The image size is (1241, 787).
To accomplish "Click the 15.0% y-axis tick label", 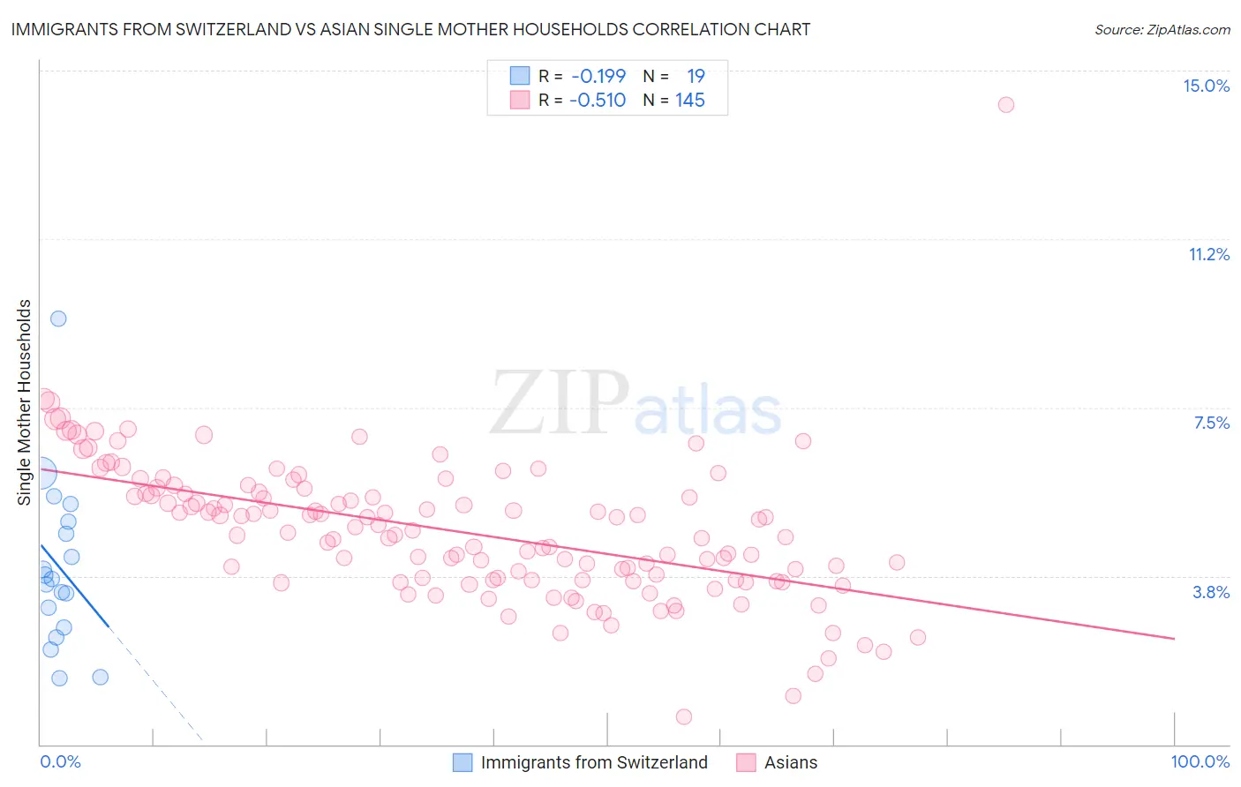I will click(x=1206, y=86).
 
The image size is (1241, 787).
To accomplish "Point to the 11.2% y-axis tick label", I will click(x=1208, y=254).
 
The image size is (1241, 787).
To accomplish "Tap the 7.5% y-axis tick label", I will click(x=1211, y=423).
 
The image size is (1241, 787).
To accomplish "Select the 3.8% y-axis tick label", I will click(x=1211, y=592).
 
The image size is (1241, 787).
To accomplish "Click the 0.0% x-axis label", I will click(x=60, y=761).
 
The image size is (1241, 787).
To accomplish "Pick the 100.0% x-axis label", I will click(x=1200, y=761).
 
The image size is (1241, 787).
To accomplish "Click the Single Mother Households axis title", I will click(x=25, y=402).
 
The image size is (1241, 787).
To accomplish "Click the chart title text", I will click(x=410, y=29).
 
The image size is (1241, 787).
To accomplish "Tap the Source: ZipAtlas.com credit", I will click(x=1162, y=29).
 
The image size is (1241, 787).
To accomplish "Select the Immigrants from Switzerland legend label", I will click(x=594, y=762).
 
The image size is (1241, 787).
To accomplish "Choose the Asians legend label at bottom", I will click(x=790, y=762).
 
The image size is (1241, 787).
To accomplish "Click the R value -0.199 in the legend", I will click(x=598, y=76).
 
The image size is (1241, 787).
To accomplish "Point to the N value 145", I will click(x=689, y=100).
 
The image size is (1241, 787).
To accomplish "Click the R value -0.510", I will click(x=598, y=100).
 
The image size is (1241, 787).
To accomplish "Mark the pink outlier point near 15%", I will click(x=1005, y=104).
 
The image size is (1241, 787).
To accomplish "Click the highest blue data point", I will click(x=58, y=319).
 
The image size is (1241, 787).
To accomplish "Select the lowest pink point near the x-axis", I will click(x=683, y=716).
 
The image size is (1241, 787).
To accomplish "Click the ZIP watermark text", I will click(x=560, y=403).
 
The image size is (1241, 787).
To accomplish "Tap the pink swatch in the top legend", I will click(x=520, y=100).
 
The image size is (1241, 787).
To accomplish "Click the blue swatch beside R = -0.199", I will click(x=520, y=76).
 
